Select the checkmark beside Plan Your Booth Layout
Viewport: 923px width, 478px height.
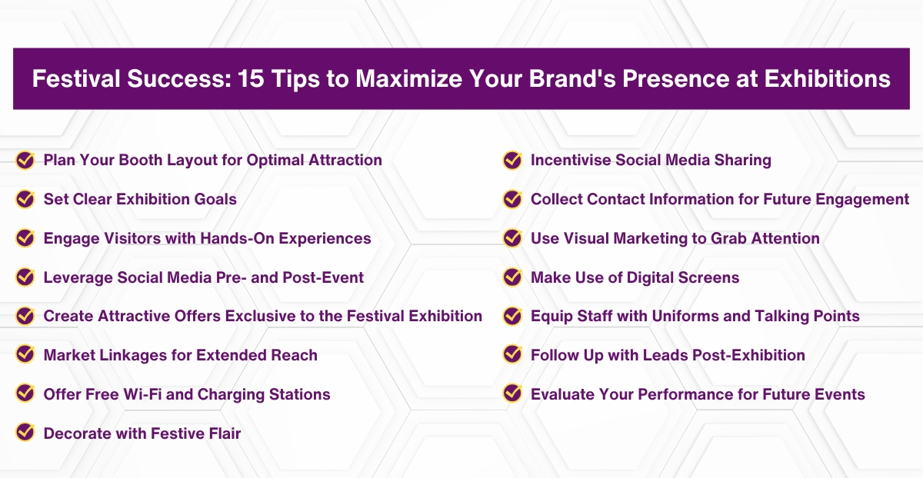click(25, 160)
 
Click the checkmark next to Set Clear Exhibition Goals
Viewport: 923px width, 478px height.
click(25, 199)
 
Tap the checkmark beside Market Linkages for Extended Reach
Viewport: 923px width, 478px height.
click(25, 355)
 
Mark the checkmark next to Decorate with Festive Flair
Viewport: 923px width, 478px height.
click(25, 433)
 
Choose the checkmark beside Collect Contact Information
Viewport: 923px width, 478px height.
click(512, 199)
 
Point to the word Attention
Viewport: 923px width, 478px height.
click(784, 238)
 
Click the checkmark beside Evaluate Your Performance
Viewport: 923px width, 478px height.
click(512, 394)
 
